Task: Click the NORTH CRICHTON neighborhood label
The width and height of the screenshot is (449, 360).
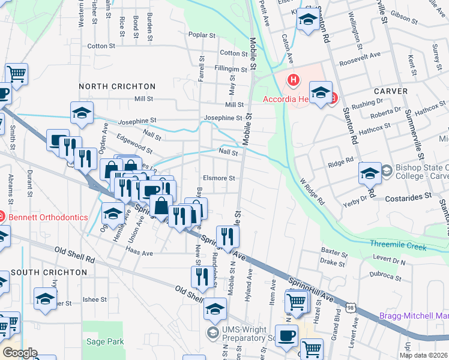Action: pyautogui.click(x=117, y=86)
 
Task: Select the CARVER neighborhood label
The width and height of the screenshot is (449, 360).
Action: pyautogui.click(x=391, y=91)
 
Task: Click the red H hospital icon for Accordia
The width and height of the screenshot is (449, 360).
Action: pyautogui.click(x=294, y=79)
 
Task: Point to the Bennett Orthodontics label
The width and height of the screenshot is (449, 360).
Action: pyautogui.click(x=48, y=217)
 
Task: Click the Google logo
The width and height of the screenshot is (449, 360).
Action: pyautogui.click(x=19, y=352)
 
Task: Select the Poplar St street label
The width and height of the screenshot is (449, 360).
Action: pyautogui.click(x=201, y=35)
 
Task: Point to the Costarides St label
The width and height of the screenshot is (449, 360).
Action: pyautogui.click(x=412, y=196)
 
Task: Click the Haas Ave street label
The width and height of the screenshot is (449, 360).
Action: pyautogui.click(x=139, y=254)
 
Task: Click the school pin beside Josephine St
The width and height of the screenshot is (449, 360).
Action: pyautogui.click(x=82, y=113)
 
